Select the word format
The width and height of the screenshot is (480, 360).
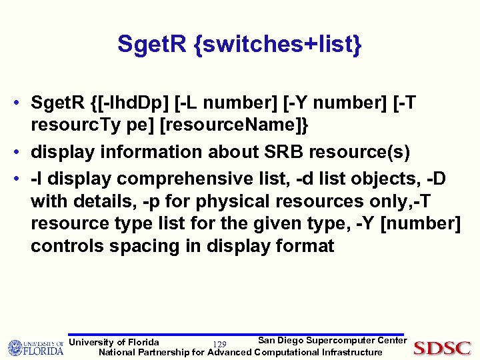point(298,246)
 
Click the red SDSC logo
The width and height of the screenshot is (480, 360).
point(442,347)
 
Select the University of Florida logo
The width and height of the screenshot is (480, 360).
point(35,347)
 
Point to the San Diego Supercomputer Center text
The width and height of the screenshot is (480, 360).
point(332,341)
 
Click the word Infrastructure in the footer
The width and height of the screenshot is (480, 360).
point(352,352)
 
